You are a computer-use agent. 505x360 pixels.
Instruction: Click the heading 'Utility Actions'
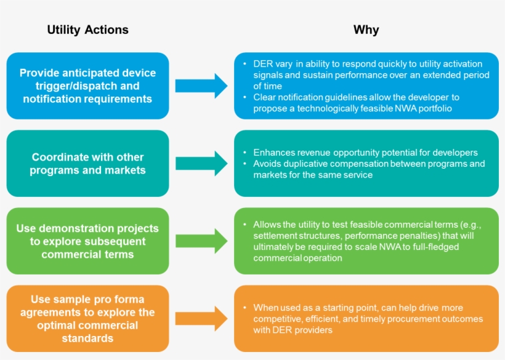(87, 30)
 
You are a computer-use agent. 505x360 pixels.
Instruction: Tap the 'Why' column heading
(366, 30)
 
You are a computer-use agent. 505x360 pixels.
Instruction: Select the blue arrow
(201, 86)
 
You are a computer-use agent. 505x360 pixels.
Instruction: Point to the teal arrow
(201, 164)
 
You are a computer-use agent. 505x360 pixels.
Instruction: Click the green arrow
(201, 241)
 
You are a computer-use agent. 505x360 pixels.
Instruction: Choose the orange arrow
(201, 319)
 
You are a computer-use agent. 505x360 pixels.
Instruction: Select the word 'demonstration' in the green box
(76, 228)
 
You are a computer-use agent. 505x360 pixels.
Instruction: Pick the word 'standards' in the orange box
(87, 338)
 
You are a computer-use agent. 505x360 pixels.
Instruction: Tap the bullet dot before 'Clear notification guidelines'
(244, 97)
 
